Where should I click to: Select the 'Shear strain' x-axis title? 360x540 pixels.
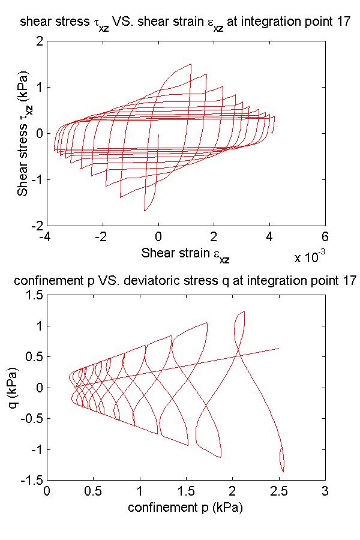[x=185, y=254]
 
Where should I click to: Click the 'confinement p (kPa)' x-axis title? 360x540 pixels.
[x=185, y=508]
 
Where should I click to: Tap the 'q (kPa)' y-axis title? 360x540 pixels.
[x=23, y=388]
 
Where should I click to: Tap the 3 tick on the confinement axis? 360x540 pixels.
[x=325, y=491]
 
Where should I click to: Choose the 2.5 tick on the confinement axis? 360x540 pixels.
[x=278, y=491]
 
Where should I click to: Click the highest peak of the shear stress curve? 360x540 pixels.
[x=191, y=64]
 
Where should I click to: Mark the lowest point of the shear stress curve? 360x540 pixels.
[x=145, y=211]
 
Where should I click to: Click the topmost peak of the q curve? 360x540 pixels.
[x=243, y=311]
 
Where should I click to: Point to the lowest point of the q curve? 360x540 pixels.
[x=283, y=472]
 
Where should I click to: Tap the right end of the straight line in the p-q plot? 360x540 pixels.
[x=278, y=348]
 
